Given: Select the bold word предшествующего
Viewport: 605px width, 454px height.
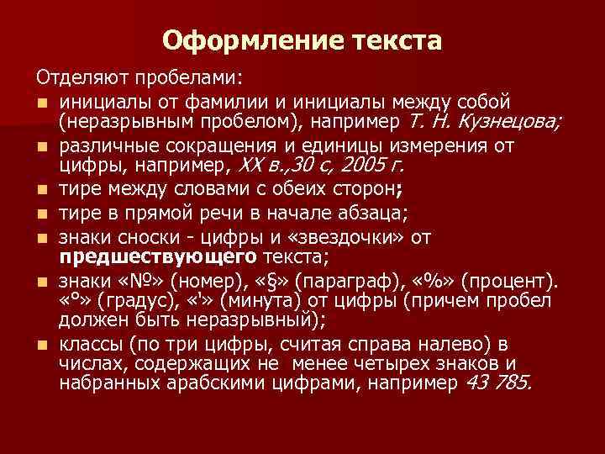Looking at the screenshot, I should [x=159, y=255].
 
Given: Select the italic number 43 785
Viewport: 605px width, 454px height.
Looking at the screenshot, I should [x=496, y=383].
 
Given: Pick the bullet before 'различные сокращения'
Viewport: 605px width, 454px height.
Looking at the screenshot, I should [x=41, y=147].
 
